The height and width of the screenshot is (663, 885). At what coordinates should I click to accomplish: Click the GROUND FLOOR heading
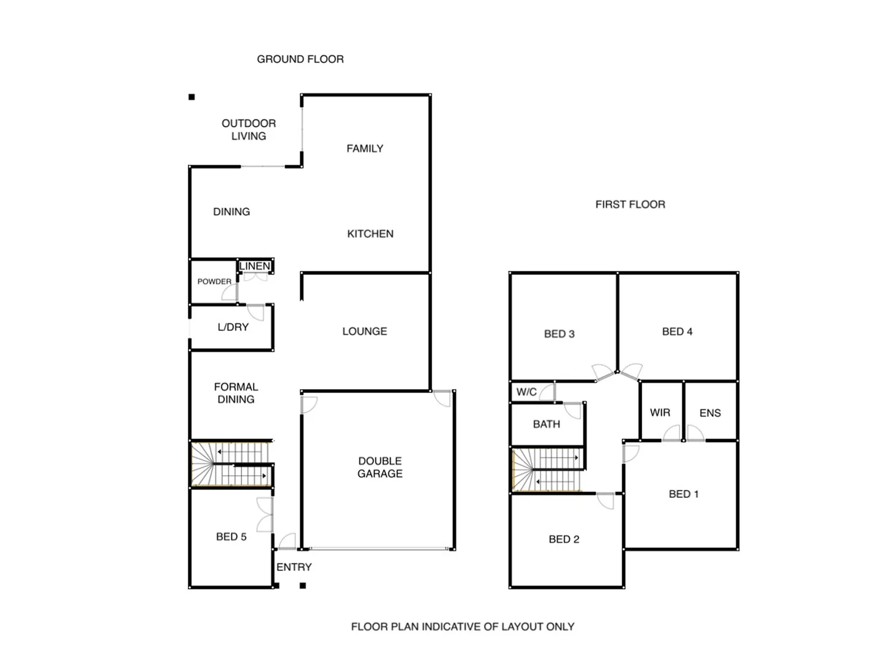coord(300,59)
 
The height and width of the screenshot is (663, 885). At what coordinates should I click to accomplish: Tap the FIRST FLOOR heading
coord(630,204)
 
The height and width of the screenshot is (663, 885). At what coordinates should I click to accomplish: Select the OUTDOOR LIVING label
coord(249,130)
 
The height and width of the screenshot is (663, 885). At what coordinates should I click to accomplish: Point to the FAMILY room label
coord(365,149)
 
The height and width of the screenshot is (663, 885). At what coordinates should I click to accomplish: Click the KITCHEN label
coord(370,234)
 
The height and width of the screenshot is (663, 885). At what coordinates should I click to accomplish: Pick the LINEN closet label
coord(255,266)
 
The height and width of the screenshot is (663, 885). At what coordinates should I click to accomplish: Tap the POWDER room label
coord(214,282)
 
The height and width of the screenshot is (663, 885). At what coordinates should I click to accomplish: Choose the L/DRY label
coord(233,327)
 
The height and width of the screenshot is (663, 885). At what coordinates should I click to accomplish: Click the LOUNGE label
coord(365,331)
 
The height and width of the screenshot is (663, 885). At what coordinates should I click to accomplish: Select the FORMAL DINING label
coord(236,393)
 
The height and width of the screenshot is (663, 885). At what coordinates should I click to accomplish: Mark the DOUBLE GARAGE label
coord(380,467)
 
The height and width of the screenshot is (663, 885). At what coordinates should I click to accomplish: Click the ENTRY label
coord(294,567)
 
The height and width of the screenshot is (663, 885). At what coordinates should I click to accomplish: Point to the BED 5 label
coord(231,537)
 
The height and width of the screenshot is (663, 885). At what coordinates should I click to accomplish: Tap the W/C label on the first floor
coord(526,392)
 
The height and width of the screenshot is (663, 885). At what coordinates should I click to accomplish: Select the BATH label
coord(547,424)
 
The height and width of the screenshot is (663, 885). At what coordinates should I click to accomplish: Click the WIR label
coord(660,413)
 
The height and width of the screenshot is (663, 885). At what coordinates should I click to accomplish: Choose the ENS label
coord(710,413)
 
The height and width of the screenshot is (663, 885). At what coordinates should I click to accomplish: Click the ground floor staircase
coord(231,464)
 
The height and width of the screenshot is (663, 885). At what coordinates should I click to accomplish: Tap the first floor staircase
coord(547,470)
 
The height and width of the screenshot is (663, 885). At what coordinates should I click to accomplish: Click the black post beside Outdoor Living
coord(192,97)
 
